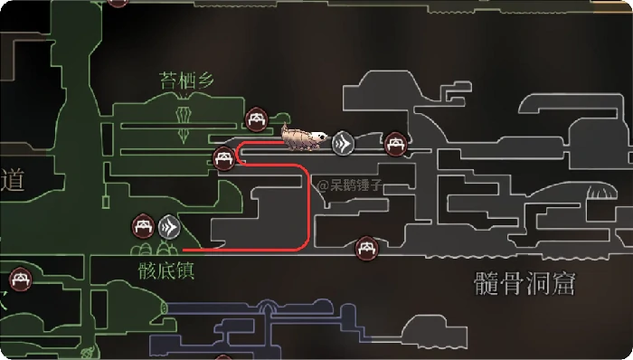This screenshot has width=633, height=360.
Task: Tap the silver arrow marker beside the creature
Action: pyautogui.click(x=343, y=143)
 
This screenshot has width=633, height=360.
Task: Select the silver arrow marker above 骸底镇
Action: pyautogui.click(x=168, y=226)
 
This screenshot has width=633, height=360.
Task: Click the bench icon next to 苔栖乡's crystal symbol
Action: pyautogui.click(x=257, y=118)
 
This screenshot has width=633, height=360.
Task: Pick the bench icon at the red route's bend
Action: pyautogui.click(x=224, y=160)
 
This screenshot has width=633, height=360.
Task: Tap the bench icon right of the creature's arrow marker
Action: pyautogui.click(x=394, y=143)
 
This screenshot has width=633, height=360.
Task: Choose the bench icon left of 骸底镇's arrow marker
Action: pyautogui.click(x=143, y=223)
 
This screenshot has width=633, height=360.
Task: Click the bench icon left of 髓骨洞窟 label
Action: pyautogui.click(x=365, y=245)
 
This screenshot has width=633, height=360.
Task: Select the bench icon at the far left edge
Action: pyautogui.click(x=19, y=278)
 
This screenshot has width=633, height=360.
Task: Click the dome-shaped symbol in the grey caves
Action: pyautogui.click(x=599, y=193)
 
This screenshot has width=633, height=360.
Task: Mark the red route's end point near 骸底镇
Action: pyautogui.click(x=184, y=249)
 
